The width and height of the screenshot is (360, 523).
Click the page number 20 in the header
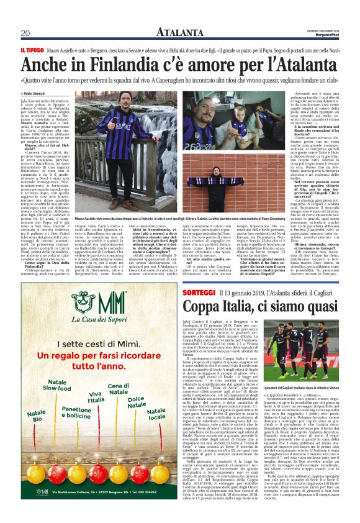(25, 33)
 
